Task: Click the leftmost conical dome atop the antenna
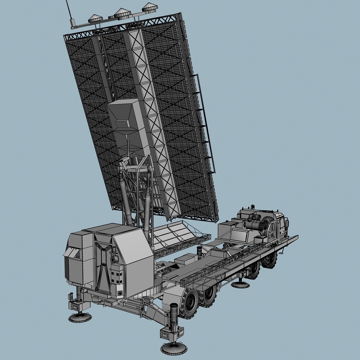(x=95, y=17)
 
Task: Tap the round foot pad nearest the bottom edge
(x=169, y=348)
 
